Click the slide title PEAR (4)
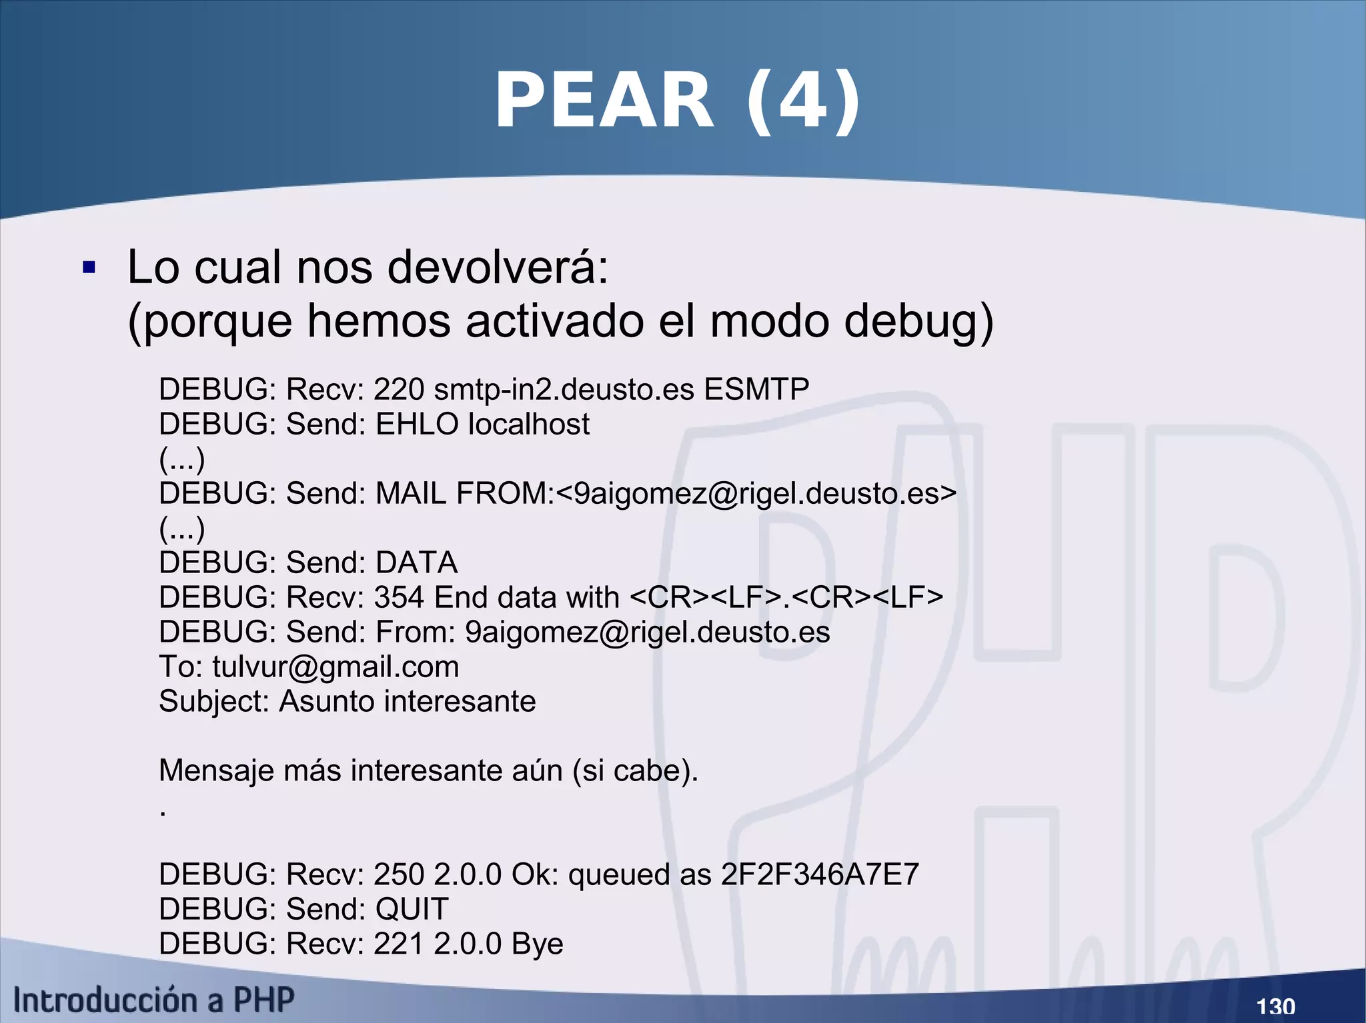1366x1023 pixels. [677, 101]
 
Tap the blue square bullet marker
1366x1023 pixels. [89, 269]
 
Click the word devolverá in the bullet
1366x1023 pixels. [498, 267]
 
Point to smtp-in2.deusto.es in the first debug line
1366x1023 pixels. [564, 389]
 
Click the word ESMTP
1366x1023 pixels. [756, 389]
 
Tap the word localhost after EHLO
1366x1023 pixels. [529, 424]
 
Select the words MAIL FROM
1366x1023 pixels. [464, 493]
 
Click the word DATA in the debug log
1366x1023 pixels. [417, 562]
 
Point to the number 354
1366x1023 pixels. [399, 597]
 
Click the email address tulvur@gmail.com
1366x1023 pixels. [335, 666]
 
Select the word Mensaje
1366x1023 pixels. [216, 771]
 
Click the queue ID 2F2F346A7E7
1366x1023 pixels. [820, 874]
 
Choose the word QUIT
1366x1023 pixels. [412, 909]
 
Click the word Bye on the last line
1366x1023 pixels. [538, 944]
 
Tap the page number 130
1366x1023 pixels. [1275, 1006]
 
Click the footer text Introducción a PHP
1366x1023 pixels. [154, 1000]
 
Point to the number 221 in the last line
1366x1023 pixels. [399, 944]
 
